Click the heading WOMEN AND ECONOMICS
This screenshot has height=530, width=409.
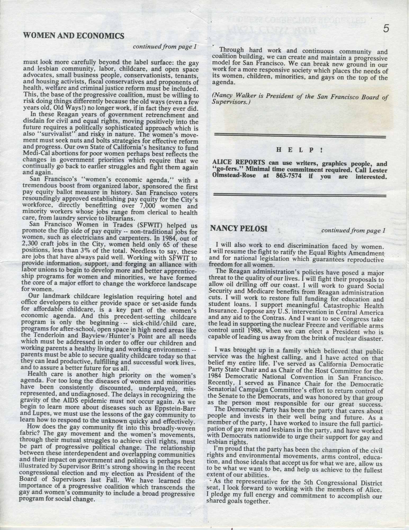[x=74, y=36]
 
